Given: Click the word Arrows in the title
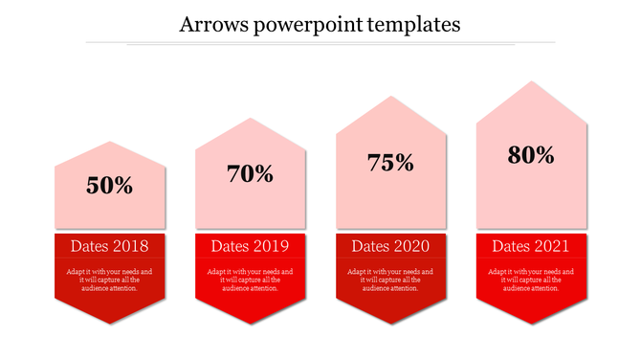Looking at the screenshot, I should [x=208, y=24].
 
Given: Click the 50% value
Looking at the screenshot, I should [x=110, y=186].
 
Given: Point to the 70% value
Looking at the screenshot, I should [x=251, y=174].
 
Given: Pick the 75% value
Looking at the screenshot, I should [x=391, y=163].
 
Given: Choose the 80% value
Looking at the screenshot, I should [x=532, y=155].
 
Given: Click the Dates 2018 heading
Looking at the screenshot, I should [x=110, y=247].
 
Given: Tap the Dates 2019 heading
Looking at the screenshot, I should [x=251, y=247].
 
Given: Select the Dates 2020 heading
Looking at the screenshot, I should [x=391, y=247].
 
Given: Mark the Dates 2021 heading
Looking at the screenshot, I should [x=532, y=247].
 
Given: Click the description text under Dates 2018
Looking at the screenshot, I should [x=110, y=280].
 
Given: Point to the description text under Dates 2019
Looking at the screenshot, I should [x=251, y=280].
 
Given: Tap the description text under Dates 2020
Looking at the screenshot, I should [x=391, y=280].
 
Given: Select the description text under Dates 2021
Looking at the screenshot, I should [x=532, y=280].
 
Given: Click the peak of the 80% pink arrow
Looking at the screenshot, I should [x=532, y=82].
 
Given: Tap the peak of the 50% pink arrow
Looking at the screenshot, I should [x=110, y=143].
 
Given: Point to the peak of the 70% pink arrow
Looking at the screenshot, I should [x=251, y=119].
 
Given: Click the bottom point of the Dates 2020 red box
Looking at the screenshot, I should [x=391, y=323].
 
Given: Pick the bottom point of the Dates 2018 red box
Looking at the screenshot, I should [x=110, y=323].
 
